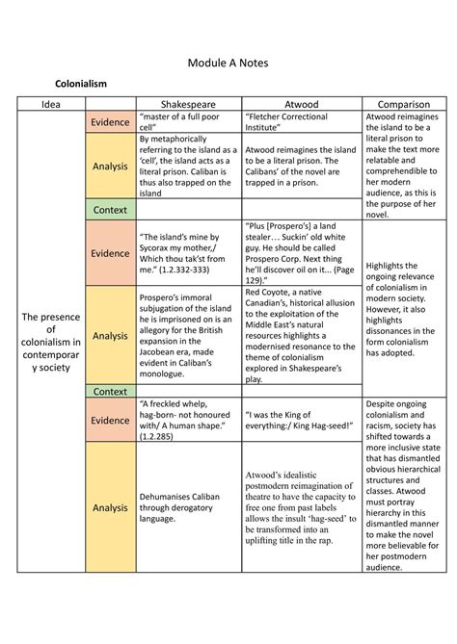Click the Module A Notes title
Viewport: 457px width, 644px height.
(228, 63)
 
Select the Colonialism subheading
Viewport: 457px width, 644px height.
(81, 85)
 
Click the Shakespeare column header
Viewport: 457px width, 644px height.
(188, 104)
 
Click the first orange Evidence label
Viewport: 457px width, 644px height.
(110, 123)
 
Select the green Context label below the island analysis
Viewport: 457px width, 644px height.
(110, 209)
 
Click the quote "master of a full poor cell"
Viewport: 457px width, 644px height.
(183, 122)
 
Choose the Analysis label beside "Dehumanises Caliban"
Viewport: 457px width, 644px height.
(110, 506)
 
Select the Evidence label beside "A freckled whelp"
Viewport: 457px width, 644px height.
(110, 421)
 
